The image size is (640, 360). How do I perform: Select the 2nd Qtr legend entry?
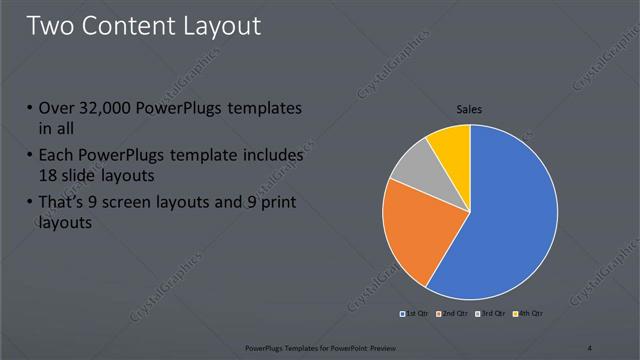453,315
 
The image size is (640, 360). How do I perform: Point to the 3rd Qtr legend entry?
492,315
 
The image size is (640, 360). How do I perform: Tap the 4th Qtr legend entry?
529,315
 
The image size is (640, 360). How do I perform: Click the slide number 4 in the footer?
590,348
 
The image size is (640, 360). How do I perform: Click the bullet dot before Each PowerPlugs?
30,156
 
